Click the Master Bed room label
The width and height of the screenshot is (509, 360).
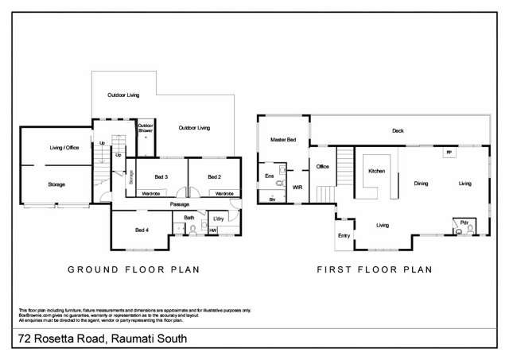coord(282,140)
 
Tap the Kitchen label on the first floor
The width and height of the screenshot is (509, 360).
coord(376,171)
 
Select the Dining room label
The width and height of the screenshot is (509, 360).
coord(421,184)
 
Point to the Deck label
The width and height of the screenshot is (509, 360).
coord(398,131)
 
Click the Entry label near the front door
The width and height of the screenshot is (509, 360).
coord(344,235)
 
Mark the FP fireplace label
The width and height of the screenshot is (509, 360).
coord(449,151)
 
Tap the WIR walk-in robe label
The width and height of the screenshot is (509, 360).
coord(297,188)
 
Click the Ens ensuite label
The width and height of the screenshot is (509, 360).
coord(268,175)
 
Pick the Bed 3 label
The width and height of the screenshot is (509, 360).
coord(161,176)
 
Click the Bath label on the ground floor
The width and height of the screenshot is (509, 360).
coord(188,217)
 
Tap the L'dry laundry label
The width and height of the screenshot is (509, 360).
coord(218,217)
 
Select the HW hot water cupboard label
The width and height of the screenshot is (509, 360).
coord(213,230)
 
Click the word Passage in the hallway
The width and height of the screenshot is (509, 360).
coord(179,204)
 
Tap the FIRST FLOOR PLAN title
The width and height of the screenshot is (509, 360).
coord(374,269)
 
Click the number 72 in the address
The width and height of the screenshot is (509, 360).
coord(26,341)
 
